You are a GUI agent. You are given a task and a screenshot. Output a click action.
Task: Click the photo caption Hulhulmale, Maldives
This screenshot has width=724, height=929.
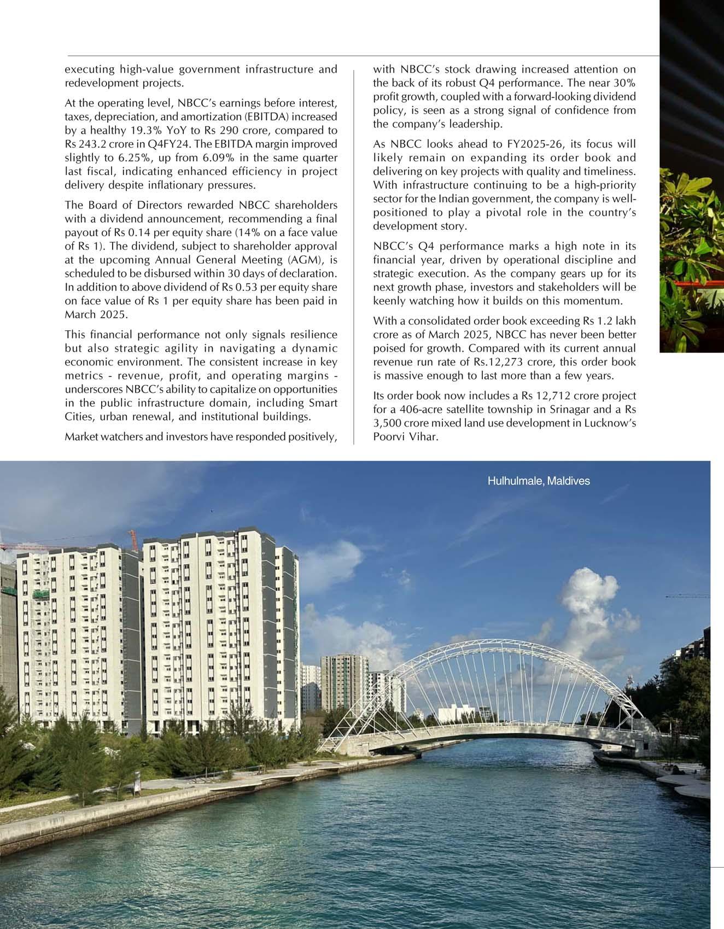(539, 481)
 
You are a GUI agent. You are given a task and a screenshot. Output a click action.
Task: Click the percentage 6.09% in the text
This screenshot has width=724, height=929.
(221, 157)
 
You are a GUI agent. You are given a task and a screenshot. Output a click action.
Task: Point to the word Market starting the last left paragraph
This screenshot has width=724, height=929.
(81, 437)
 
